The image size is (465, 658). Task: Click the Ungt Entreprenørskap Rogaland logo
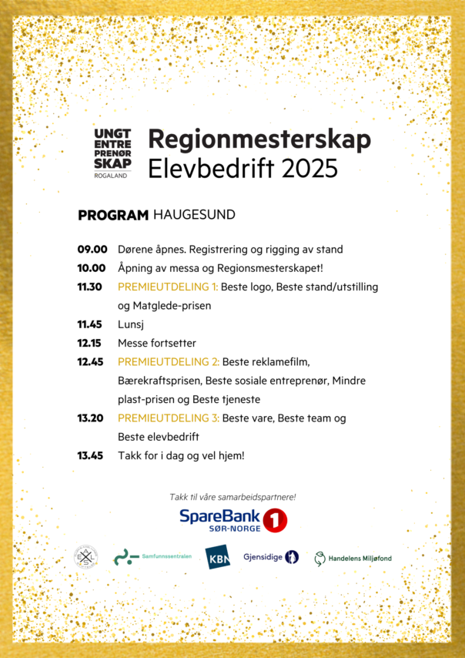(x=112, y=153)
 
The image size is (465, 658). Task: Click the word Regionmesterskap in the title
(x=259, y=139)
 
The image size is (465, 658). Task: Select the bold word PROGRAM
(x=112, y=215)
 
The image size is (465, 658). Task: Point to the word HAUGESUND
(x=194, y=215)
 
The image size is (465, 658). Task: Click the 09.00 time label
(x=92, y=250)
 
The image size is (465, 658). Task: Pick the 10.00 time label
(x=92, y=268)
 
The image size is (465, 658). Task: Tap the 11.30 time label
(x=90, y=287)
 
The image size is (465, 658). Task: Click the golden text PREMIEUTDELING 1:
(x=168, y=287)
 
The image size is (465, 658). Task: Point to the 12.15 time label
(x=90, y=343)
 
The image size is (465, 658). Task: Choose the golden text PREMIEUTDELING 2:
(x=169, y=361)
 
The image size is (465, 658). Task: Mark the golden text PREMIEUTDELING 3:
(x=169, y=418)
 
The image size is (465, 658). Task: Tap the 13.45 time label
(x=90, y=455)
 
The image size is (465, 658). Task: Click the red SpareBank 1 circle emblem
(x=275, y=520)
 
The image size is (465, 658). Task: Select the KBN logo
(x=217, y=557)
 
